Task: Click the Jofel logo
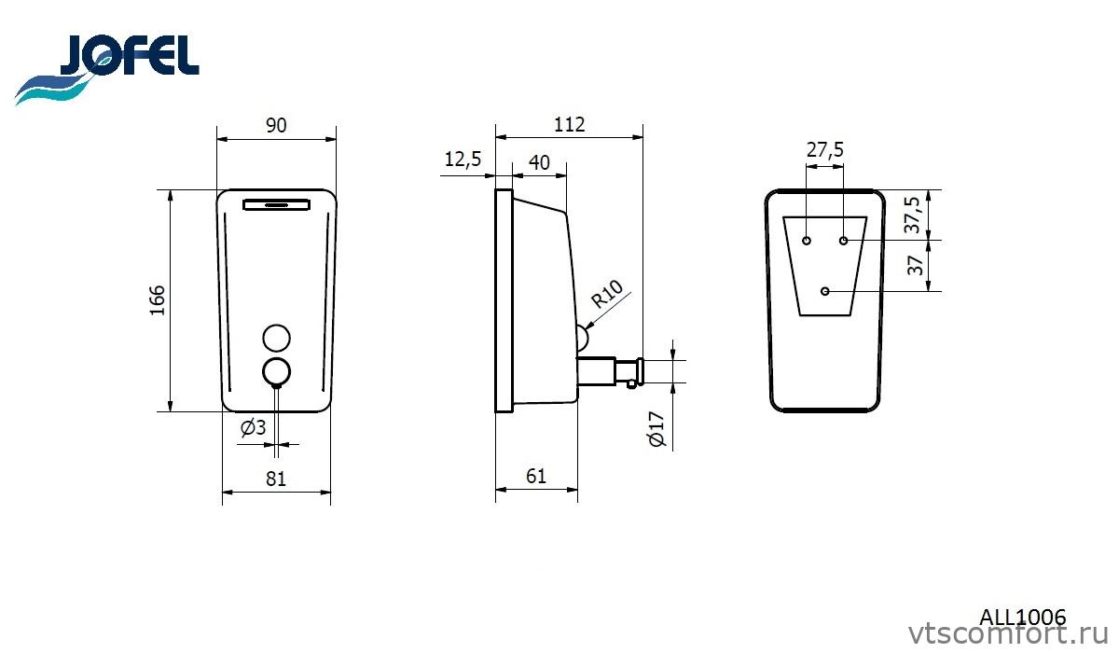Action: pos(107,69)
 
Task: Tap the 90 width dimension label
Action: pos(276,125)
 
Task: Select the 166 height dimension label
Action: pos(158,300)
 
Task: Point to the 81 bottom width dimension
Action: pos(276,479)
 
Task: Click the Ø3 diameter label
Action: pos(254,427)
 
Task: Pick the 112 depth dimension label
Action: pos(569,124)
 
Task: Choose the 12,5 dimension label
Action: pos(463,160)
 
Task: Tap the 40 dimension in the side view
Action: pos(539,162)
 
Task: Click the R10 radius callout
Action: pos(606,293)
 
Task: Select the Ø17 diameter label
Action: pos(656,429)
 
